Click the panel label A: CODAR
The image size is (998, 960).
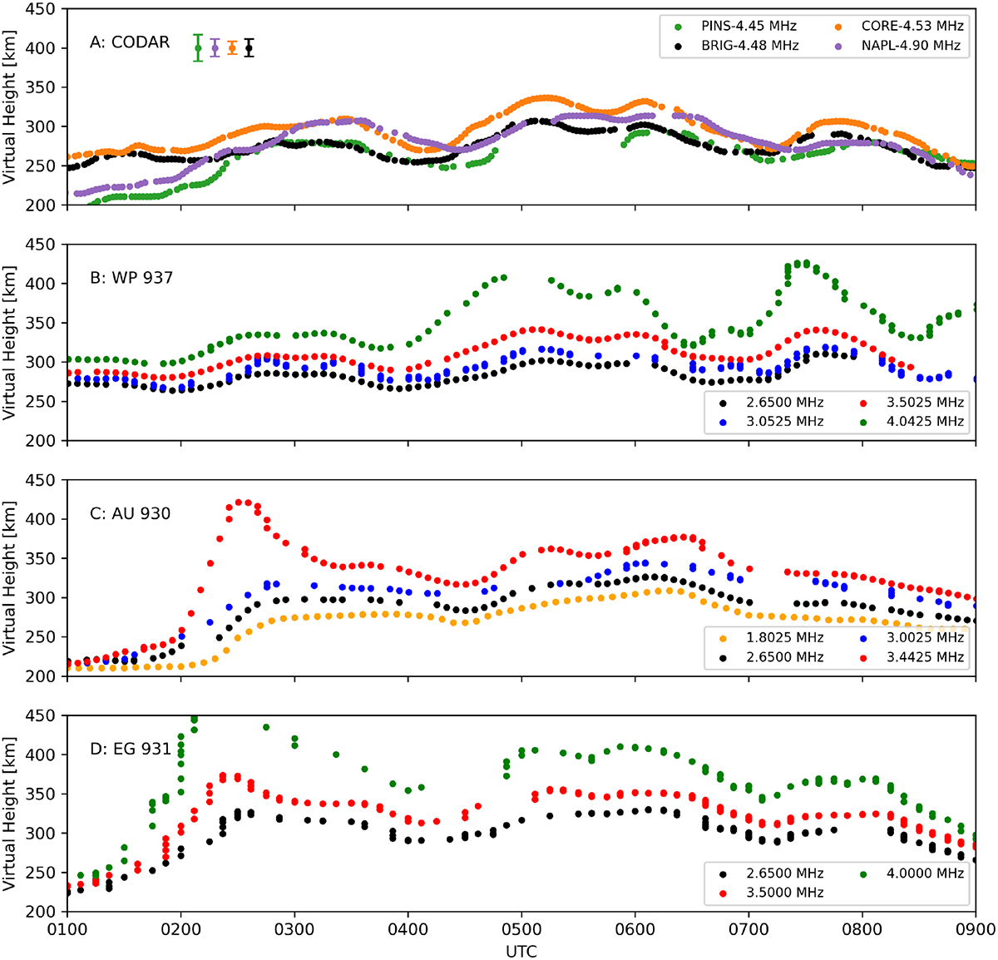(x=130, y=42)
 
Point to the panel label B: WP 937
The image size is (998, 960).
(x=131, y=278)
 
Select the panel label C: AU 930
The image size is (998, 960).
(x=130, y=513)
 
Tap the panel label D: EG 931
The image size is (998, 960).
(x=130, y=749)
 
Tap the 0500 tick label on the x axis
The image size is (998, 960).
(x=521, y=928)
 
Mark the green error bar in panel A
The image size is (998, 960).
(x=198, y=48)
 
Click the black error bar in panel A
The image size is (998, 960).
(x=249, y=48)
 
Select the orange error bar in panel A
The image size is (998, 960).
(x=232, y=48)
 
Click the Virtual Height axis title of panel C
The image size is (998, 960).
(x=10, y=578)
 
